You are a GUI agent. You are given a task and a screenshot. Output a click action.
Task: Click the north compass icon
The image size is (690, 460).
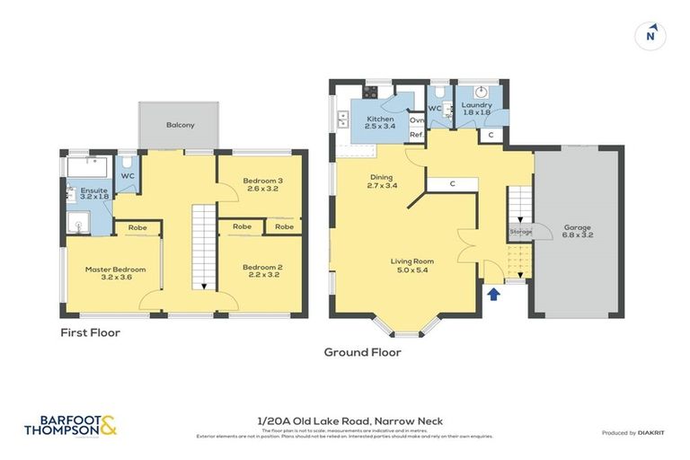click(650, 36)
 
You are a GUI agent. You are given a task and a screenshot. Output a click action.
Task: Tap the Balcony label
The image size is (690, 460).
click(180, 125)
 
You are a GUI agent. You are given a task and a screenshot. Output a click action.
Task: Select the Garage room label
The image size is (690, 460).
click(578, 231)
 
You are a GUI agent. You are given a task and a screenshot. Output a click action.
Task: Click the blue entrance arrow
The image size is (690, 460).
click(492, 292)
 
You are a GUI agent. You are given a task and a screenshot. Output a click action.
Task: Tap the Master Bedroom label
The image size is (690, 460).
click(113, 273)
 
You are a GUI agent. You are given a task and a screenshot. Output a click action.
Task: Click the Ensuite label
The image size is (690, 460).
click(93, 195)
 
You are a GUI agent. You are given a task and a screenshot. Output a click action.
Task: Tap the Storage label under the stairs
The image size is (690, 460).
click(521, 232)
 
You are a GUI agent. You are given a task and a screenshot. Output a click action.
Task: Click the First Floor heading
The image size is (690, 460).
click(90, 332)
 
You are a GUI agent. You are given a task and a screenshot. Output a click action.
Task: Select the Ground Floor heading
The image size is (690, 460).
click(363, 352)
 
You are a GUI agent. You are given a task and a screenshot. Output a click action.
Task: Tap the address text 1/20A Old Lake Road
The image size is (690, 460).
click(345, 421)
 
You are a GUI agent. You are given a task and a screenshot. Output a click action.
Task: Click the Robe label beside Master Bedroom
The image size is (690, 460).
click(137, 227)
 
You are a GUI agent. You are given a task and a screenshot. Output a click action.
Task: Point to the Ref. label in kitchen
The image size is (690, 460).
click(416, 135)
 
